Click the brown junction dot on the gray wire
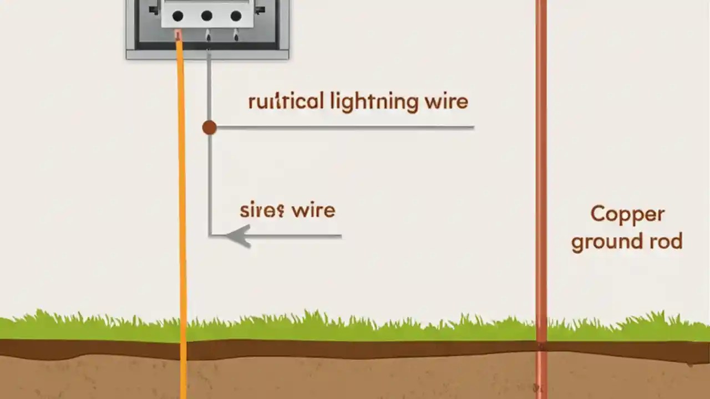coord(209,128)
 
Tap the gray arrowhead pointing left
coord(239,236)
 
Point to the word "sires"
coord(262,211)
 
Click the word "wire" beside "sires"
coord(313,211)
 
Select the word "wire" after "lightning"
coord(446,102)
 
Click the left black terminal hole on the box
coord(178,16)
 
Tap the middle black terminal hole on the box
coord(207,16)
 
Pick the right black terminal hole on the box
coord(236,16)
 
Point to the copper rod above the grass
coord(541,166)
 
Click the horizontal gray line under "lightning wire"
coord(344,127)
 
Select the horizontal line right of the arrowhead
coord(300,236)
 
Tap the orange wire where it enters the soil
coord(183,346)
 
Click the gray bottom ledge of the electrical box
coord(207,54)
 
